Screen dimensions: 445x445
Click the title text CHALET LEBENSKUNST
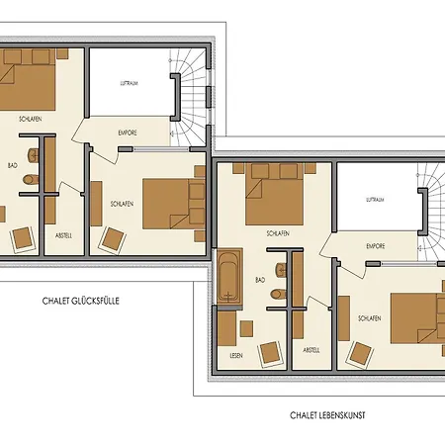[x=329, y=416]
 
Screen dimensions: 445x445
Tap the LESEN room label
[x=236, y=355]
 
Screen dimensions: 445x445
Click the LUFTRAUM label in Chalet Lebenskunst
[x=374, y=199]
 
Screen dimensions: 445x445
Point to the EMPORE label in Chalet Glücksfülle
[x=128, y=132]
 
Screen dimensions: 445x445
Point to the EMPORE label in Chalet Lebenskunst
[x=375, y=246]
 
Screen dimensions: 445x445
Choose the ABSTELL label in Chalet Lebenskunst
[x=311, y=350]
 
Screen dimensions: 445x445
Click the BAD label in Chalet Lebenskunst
[x=260, y=280]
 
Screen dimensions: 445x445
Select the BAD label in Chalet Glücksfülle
[x=13, y=165]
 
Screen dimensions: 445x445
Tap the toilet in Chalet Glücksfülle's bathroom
[x=33, y=179]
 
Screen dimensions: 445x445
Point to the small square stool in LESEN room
[x=227, y=327]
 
